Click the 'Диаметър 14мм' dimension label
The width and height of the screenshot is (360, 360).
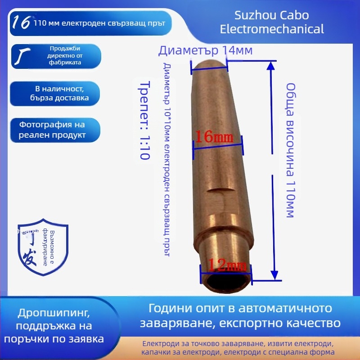(x=205, y=50)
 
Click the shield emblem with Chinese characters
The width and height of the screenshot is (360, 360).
(x=43, y=249)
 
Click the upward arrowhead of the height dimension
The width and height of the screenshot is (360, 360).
(x=270, y=66)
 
